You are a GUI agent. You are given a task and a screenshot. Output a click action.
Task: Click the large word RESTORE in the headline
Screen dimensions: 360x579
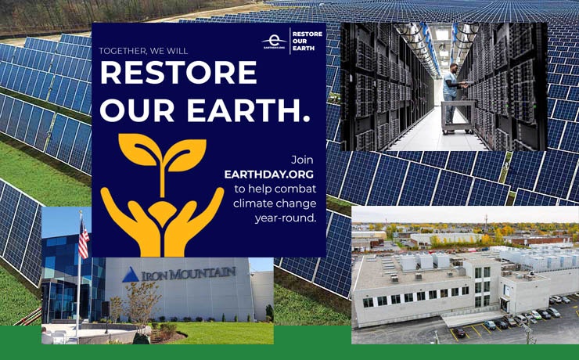click(x=178, y=73)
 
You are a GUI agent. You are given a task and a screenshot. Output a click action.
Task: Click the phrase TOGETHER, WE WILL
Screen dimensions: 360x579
click(x=143, y=51)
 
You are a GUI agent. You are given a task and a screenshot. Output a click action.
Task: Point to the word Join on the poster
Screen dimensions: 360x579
click(x=303, y=160)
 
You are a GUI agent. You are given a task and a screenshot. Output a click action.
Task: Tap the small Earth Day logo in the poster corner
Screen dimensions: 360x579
click(x=274, y=41)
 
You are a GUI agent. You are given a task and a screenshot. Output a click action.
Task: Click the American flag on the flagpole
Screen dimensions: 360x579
click(x=84, y=240)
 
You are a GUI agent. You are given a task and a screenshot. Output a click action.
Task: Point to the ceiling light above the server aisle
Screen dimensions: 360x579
click(x=443, y=34)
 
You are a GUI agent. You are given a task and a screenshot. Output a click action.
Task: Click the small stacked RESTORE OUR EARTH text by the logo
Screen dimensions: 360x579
click(x=306, y=41)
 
